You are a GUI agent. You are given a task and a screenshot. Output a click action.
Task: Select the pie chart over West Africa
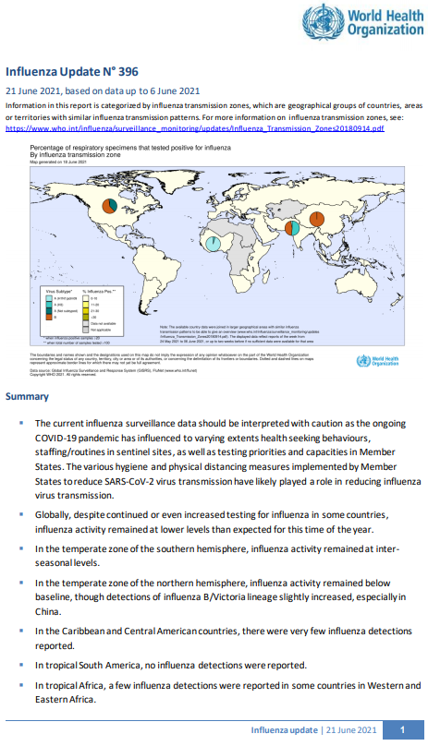(212, 243)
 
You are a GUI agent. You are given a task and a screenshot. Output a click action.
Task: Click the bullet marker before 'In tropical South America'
(22, 665)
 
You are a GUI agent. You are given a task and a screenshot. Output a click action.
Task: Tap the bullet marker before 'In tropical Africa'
(22, 685)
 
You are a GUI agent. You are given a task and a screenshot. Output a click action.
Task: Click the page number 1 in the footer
(401, 729)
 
